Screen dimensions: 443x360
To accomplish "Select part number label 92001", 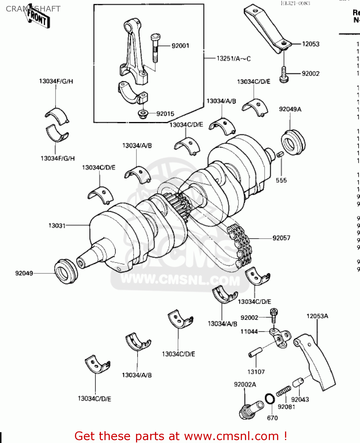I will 180,46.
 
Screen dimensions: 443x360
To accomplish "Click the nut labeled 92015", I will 143,114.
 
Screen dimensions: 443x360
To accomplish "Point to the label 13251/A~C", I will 233,58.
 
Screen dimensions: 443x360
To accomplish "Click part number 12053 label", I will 310,44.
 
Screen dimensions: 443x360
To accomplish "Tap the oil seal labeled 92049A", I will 293,142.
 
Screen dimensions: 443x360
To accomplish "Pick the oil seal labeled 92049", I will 66,272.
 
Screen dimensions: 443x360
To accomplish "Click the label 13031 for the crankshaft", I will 57,226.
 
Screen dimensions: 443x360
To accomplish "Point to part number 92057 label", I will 281,238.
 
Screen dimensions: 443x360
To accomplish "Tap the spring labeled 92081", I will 283,392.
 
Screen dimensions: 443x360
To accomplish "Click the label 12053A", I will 317,316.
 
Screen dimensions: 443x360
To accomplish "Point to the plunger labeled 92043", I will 298,382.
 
